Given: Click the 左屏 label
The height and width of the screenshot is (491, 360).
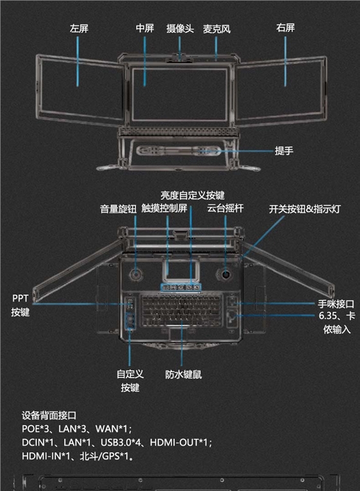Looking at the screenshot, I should (79, 29).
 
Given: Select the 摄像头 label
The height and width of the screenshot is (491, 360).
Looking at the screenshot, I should (179, 29).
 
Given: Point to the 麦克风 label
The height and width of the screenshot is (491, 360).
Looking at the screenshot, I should (217, 29).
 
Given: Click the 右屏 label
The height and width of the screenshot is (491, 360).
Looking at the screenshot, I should (285, 29).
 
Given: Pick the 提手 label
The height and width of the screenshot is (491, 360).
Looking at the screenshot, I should (284, 151).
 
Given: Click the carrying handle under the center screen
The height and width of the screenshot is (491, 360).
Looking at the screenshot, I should (179, 153).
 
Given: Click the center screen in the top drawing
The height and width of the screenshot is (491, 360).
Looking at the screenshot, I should (180, 85).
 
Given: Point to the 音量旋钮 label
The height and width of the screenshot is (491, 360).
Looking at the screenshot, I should (119, 209).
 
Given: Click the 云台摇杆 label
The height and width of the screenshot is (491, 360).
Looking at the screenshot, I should (226, 209).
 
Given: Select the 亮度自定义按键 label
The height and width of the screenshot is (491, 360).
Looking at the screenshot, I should (193, 195).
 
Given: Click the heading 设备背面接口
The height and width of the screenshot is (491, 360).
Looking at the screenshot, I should (49, 415).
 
